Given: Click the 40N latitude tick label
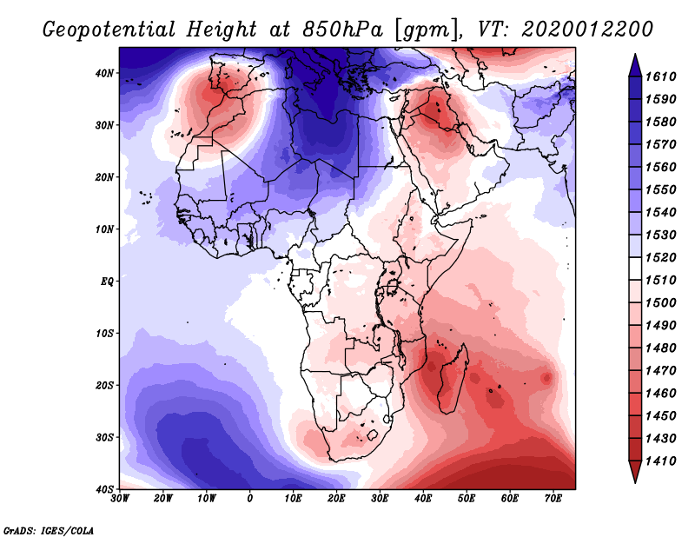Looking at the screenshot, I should [x=105, y=73].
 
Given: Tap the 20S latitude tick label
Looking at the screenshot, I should [x=105, y=385].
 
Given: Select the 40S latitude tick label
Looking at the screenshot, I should [x=105, y=488].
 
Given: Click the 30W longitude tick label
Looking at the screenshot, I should [x=120, y=498].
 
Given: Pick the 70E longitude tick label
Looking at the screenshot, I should [x=553, y=498].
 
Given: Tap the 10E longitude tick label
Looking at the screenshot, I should [x=294, y=498].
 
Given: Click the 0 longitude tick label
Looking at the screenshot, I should [x=250, y=498].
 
